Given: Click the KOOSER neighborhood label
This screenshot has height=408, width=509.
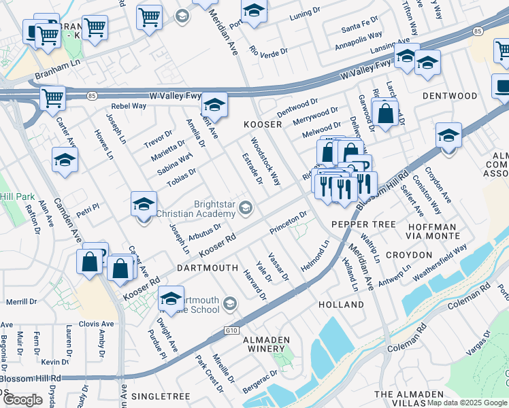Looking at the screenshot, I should click(263, 125).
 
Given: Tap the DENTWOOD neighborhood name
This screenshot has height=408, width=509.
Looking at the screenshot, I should click(450, 97).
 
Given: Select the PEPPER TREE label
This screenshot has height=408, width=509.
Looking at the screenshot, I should click(364, 224).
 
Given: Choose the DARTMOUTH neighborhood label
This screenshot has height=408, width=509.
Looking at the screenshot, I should click(207, 269).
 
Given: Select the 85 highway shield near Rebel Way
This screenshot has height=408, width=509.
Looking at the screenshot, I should click(91, 97).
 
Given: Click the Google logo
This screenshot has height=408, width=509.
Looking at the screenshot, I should click(23, 400).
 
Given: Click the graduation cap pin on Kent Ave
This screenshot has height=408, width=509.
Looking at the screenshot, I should click(214, 105).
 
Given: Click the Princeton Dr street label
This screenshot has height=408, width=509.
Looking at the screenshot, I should click(289, 222).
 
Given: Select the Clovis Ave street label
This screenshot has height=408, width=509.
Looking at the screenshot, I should click(96, 324).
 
